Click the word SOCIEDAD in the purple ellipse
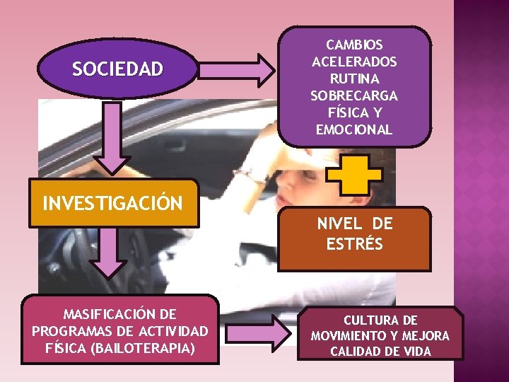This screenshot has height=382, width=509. [117, 69]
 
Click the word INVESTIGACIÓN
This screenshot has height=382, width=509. [113, 204]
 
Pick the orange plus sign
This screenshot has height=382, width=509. [353, 174]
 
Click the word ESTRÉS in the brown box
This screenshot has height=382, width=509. [355, 245]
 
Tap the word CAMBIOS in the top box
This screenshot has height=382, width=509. [354, 45]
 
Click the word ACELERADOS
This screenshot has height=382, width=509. [354, 62]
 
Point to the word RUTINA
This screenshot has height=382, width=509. [354, 79]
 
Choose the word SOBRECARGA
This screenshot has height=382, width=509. [354, 95]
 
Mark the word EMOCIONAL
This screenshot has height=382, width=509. [354, 129]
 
